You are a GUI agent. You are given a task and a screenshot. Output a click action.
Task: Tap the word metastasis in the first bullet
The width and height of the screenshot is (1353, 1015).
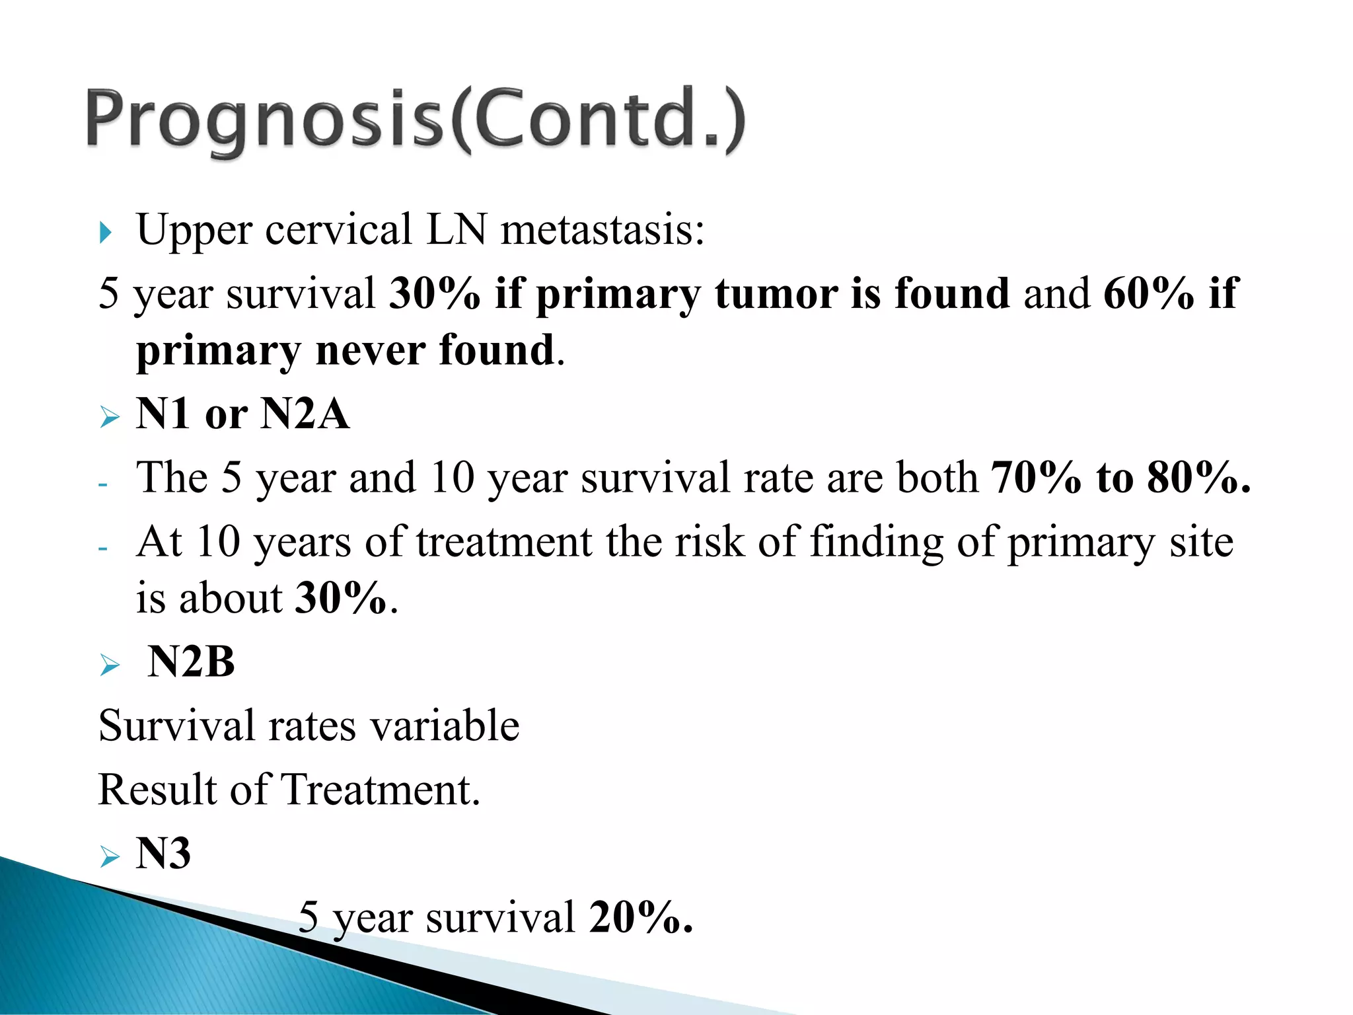pyautogui.click(x=601, y=231)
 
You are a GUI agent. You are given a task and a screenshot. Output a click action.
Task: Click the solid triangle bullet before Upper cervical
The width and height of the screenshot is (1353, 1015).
pyautogui.click(x=106, y=232)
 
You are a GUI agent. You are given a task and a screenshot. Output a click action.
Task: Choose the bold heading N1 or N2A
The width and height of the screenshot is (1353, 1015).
pyautogui.click(x=242, y=414)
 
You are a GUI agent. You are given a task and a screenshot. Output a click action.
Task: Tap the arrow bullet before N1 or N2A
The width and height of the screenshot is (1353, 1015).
pyautogui.click(x=110, y=417)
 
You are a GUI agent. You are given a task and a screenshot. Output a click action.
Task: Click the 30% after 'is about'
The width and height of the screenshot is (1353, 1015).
pyautogui.click(x=341, y=598)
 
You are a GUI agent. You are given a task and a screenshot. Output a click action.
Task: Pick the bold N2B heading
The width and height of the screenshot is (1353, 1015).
pyautogui.click(x=191, y=661)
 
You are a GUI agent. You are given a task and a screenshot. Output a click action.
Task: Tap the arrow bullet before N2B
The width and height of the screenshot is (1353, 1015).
pyautogui.click(x=110, y=665)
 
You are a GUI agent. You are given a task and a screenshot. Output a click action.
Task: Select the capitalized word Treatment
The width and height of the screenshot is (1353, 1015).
pyautogui.click(x=379, y=790)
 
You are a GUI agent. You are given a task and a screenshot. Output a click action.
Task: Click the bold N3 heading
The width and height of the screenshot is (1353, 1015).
pyautogui.click(x=163, y=853)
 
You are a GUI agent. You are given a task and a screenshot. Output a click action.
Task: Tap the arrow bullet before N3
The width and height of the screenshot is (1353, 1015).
pyautogui.click(x=110, y=856)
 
